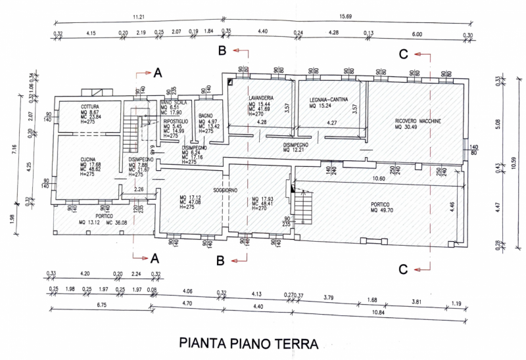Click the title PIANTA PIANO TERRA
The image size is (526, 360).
[x=249, y=344]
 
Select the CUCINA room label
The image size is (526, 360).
[x=89, y=160]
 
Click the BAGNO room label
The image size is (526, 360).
[x=204, y=116]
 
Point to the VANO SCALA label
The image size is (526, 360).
[x=175, y=106]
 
